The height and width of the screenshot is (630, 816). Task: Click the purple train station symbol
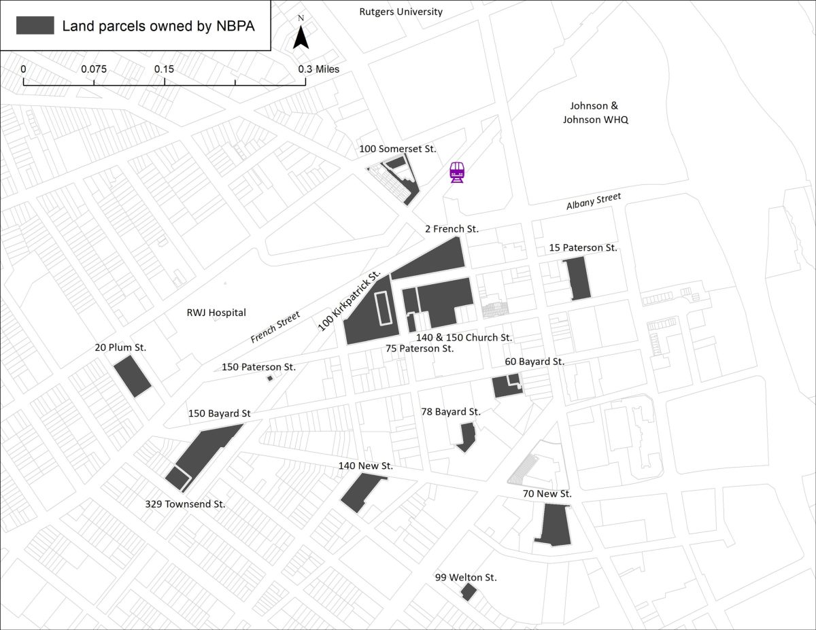458,173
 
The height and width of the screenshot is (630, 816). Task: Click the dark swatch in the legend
35,26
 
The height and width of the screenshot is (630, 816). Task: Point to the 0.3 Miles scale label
318,69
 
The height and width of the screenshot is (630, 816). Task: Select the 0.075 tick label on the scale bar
94,69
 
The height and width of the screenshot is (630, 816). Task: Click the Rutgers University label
401,12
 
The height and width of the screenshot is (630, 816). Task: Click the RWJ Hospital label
216,313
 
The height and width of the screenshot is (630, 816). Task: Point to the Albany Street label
594,202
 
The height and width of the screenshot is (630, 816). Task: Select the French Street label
275,327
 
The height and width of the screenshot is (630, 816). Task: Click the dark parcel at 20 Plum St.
133,375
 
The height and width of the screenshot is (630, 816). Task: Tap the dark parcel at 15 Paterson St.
577,277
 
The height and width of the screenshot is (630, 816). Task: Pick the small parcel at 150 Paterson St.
270,378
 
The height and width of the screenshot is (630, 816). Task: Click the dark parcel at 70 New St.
554,525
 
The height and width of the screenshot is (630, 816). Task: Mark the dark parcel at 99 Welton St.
468,592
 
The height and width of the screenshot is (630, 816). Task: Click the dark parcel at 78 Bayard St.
466,436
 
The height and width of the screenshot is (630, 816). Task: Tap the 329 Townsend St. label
185,504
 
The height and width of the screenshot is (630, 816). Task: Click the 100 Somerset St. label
398,148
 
